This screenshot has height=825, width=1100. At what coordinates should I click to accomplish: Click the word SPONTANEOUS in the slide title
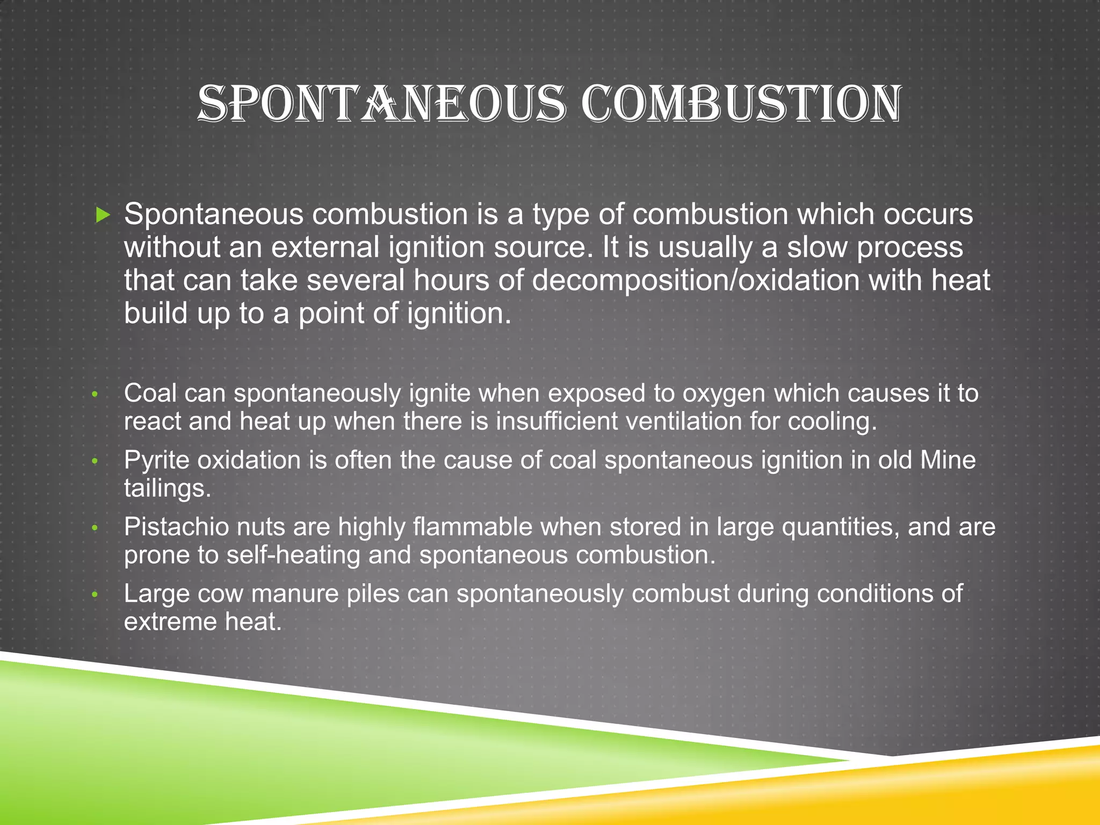point(382,103)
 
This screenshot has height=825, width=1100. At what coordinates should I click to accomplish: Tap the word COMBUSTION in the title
point(742,103)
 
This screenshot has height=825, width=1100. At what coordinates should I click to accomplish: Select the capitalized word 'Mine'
point(948,460)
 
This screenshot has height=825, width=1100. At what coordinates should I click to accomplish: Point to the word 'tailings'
point(167,488)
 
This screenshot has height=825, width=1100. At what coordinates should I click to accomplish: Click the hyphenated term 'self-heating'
point(293,555)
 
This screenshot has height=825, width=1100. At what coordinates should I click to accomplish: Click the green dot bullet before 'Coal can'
point(95,395)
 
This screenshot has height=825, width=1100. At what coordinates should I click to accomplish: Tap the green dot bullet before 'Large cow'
point(95,595)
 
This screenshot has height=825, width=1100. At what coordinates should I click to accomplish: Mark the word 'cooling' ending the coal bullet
point(832,421)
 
